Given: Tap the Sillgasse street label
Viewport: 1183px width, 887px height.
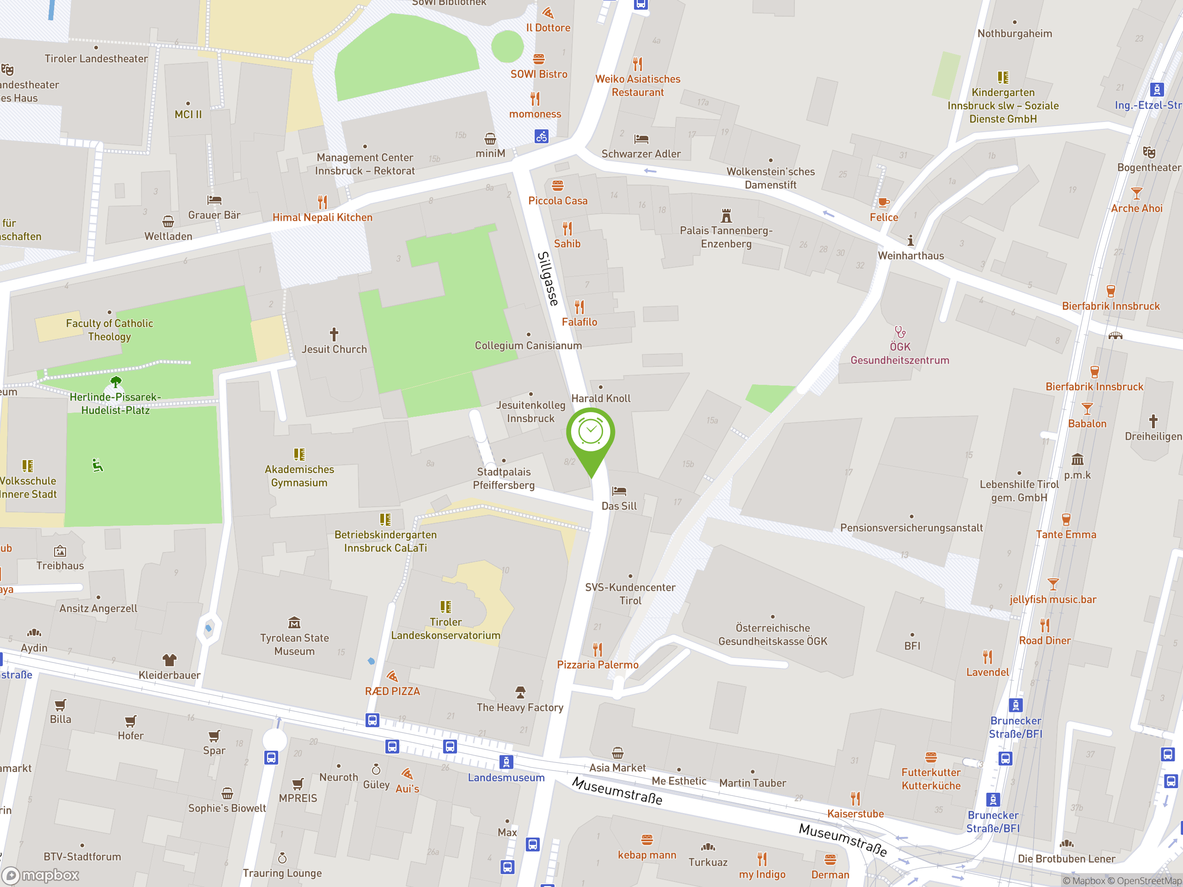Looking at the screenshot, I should point(547,279).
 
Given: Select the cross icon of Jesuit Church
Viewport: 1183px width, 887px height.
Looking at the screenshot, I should point(334,334).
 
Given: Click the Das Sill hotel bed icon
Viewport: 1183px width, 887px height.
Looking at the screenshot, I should point(619,491).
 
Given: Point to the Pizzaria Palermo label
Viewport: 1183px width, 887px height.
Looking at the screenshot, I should point(598,665).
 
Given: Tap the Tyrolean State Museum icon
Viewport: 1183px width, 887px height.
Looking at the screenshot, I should point(294,622).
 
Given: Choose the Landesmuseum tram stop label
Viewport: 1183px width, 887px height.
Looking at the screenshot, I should point(506,778).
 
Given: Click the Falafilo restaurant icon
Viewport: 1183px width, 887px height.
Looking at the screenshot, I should point(579,307).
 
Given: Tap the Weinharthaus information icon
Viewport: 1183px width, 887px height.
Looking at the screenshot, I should point(910,241).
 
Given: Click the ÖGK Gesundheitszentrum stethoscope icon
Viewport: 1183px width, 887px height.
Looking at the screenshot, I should point(900,332).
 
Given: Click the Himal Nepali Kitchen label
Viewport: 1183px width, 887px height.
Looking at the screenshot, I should point(322,218).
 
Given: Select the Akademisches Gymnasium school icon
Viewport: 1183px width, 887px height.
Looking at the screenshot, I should point(299,455).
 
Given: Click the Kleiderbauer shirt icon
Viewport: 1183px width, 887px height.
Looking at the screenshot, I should point(169,660).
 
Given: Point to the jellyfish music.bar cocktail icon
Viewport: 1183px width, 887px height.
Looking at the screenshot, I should point(1053,584).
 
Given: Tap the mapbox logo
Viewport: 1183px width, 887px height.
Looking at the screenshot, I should point(41,875).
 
